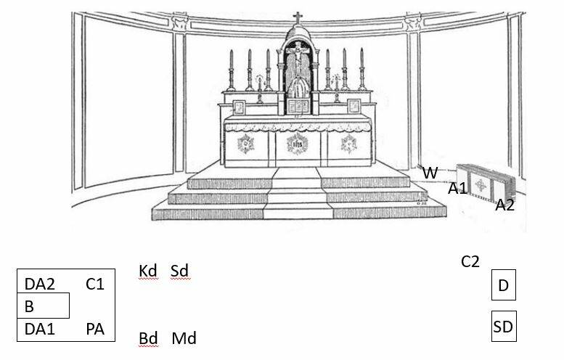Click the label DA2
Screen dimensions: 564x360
(40, 284)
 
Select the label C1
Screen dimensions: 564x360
(95, 284)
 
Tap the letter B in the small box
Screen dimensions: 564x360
(29, 306)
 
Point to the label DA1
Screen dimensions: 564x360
(40, 330)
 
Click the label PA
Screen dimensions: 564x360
(95, 330)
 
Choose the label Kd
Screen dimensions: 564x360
(148, 271)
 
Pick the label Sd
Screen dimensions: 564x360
(179, 271)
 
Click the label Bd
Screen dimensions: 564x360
(149, 338)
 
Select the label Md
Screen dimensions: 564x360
(184, 338)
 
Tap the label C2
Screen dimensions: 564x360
(470, 261)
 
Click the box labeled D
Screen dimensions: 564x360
(503, 285)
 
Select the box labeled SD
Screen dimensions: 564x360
(503, 327)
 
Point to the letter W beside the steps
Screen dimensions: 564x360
(430, 173)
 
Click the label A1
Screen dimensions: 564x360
(457, 189)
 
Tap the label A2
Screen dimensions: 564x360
(505, 205)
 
